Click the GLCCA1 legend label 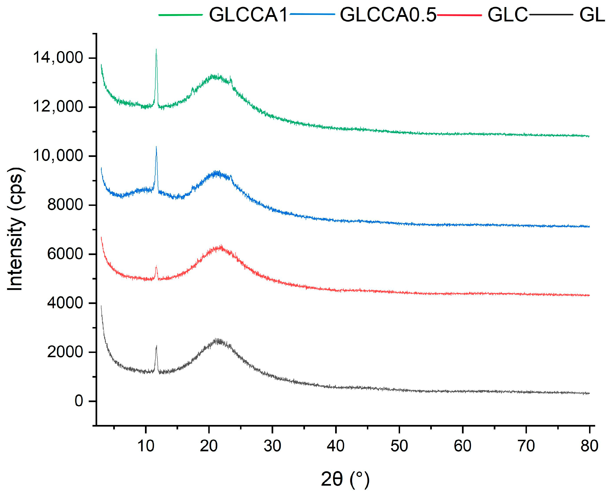[248, 15]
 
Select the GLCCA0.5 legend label [388, 15]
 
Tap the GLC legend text [507, 15]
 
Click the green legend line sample [181, 15]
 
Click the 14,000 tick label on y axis [58, 57]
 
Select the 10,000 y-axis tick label [58, 156]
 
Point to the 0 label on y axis [79, 401]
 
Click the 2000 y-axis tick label [65, 352]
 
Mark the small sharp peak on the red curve [156, 267]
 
